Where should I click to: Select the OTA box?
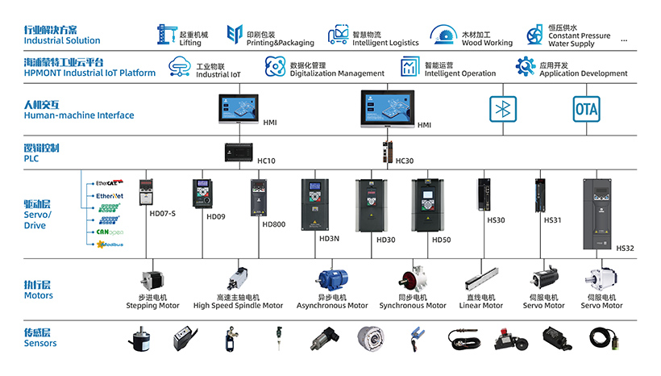pyautogui.click(x=586, y=109)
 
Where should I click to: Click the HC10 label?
pyautogui.click(x=266, y=161)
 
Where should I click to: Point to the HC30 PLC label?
pyautogui.click(x=405, y=161)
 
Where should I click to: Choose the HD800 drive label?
pyautogui.click(x=274, y=224)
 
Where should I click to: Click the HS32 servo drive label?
pyautogui.click(x=626, y=249)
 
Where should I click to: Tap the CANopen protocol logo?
pyautogui.click(x=109, y=232)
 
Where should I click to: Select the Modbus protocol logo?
pyautogui.click(x=109, y=244)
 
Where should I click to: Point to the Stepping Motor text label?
pyautogui.click(x=153, y=306)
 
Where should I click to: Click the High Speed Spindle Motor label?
pyautogui.click(x=239, y=306)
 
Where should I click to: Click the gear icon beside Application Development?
pyautogui.click(x=526, y=65)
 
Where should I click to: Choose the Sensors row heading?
pyautogui.click(x=40, y=337)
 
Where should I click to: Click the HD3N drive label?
pyautogui.click(x=330, y=239)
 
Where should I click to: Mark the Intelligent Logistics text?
pyautogui.click(x=386, y=43)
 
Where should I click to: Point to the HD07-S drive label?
pyautogui.click(x=162, y=213)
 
